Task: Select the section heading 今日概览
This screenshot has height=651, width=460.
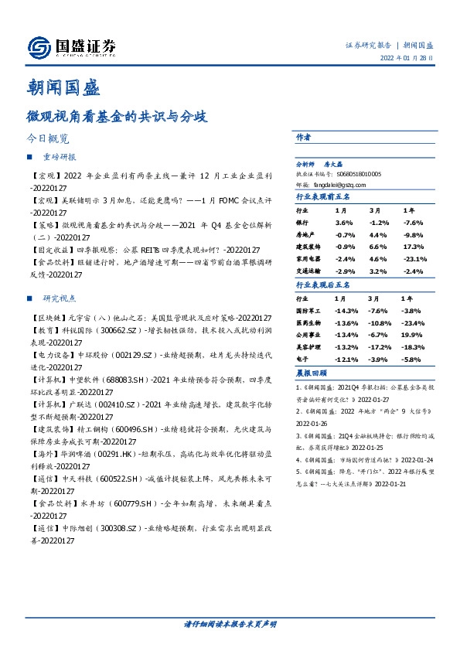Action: tap(49, 139)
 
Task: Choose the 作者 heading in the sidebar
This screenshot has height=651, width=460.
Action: tap(304, 137)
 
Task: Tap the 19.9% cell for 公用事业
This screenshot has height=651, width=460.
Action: tap(409, 335)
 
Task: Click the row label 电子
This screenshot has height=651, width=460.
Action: tap(302, 360)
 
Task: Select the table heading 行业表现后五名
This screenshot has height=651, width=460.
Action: tap(323, 285)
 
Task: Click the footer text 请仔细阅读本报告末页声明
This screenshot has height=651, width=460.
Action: tap(230, 623)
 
